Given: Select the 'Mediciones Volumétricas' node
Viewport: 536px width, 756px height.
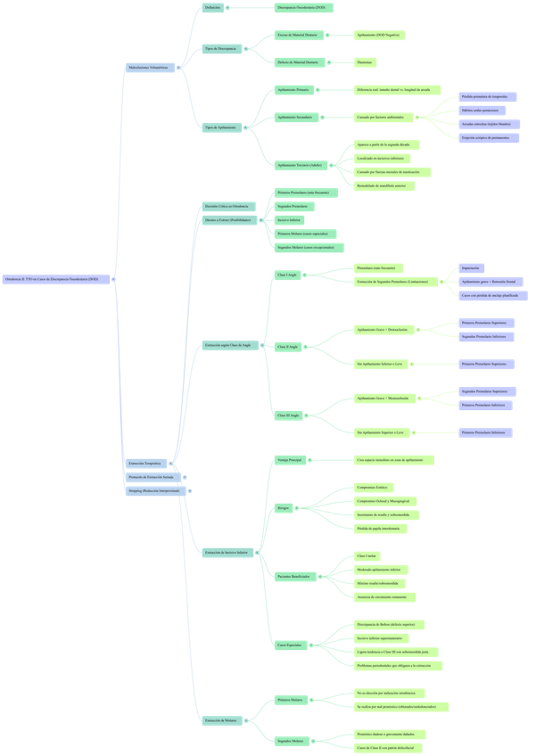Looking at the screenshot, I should point(147,67).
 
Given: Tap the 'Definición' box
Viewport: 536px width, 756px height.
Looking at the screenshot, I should point(212,7).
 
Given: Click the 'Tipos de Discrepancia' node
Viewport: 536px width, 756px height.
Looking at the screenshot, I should point(220,48).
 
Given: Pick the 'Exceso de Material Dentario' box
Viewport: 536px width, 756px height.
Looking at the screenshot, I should point(297,35).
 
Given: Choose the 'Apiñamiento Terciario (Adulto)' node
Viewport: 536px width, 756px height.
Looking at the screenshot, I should point(298,165).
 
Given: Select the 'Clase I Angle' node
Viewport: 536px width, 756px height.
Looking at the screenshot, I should point(288,275).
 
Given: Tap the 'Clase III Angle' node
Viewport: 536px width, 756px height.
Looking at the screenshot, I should point(288,415).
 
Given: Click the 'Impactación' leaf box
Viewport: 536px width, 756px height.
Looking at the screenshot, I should point(472,267).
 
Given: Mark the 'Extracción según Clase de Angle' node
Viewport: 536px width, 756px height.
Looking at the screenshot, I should point(227,345).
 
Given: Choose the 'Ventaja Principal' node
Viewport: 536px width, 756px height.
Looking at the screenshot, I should point(289,459).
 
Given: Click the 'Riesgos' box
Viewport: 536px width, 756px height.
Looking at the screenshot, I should point(284,508).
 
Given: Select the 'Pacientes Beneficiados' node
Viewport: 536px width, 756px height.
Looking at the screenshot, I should point(293,577).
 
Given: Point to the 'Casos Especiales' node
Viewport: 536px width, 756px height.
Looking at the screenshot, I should point(290,643).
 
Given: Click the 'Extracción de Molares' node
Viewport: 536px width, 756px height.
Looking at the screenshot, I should point(220,720).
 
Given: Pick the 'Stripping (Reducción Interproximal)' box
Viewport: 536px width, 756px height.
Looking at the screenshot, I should point(153,491).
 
